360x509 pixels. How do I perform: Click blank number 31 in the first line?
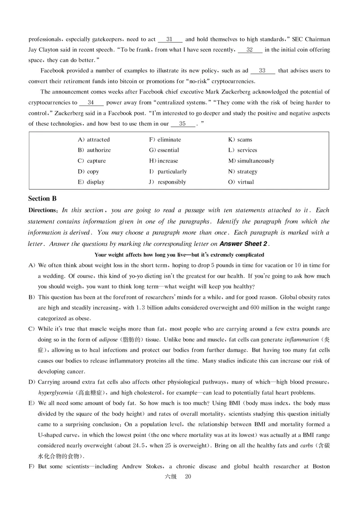click(170, 39)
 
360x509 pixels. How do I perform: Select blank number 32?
click(249, 49)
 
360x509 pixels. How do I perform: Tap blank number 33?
click(262, 71)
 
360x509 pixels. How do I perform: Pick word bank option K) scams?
click(240, 140)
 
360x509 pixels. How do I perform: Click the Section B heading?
click(42, 198)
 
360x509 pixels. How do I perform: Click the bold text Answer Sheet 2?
click(243, 244)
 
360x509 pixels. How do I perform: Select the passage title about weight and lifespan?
click(180, 254)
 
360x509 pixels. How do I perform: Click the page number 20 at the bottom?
click(188, 477)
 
